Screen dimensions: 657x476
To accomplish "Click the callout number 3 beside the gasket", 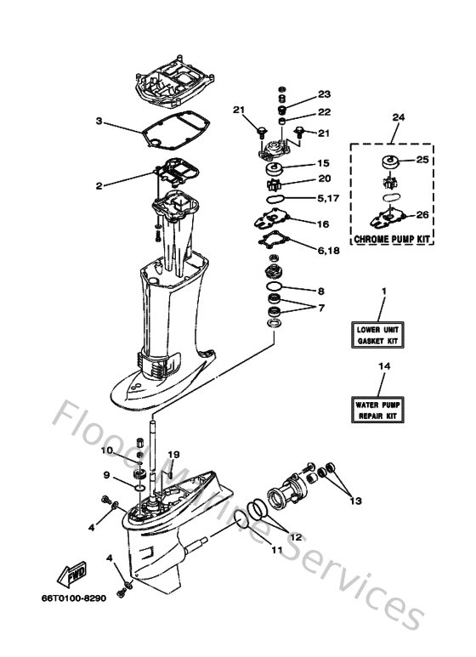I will tap(99, 122).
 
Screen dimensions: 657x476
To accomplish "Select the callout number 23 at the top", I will tap(324, 94).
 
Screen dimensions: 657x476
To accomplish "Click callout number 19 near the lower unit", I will tap(174, 455).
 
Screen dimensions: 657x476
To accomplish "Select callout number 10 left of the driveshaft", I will tap(107, 450).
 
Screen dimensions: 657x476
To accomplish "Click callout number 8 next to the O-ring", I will tap(320, 291).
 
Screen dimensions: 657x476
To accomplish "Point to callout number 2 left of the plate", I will tap(99, 185).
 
